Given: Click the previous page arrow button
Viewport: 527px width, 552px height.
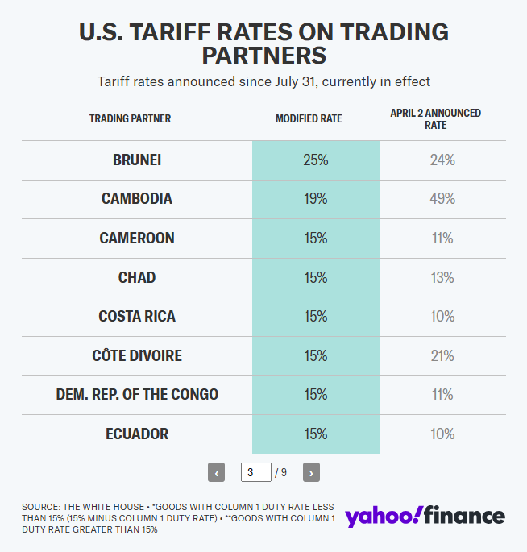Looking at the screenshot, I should tap(216, 472).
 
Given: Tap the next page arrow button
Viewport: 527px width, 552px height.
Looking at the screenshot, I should tap(312, 472).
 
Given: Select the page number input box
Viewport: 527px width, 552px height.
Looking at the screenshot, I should tap(256, 472).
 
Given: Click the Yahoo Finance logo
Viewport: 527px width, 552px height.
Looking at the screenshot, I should tap(425, 517).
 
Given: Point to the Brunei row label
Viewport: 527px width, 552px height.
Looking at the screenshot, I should tap(137, 160).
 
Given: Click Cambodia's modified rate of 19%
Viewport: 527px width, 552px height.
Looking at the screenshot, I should tap(316, 199).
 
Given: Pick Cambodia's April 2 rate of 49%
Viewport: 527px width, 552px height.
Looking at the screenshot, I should tap(442, 199).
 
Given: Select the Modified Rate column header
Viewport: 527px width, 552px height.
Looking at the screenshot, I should tap(309, 118).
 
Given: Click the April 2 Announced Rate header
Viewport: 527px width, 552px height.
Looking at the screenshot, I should tap(435, 118).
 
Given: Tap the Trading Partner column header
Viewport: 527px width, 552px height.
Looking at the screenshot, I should tap(130, 118).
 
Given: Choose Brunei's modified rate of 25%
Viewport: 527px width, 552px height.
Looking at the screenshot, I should tap(316, 160).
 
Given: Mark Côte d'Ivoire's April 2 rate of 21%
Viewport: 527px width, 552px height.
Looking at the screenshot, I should tap(442, 355).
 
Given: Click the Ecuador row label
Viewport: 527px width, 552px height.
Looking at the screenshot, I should tap(137, 434).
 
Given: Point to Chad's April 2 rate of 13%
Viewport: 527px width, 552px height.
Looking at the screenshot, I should tap(442, 277).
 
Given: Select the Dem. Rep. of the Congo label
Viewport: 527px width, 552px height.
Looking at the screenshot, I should tap(137, 395).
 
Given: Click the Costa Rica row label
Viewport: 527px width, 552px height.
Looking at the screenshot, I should tap(137, 317).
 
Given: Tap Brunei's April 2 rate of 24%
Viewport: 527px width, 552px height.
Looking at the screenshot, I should tap(442, 160).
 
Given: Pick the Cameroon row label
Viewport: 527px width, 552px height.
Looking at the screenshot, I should tap(137, 239).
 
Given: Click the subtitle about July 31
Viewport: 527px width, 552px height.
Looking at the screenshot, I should tap(263, 81).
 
